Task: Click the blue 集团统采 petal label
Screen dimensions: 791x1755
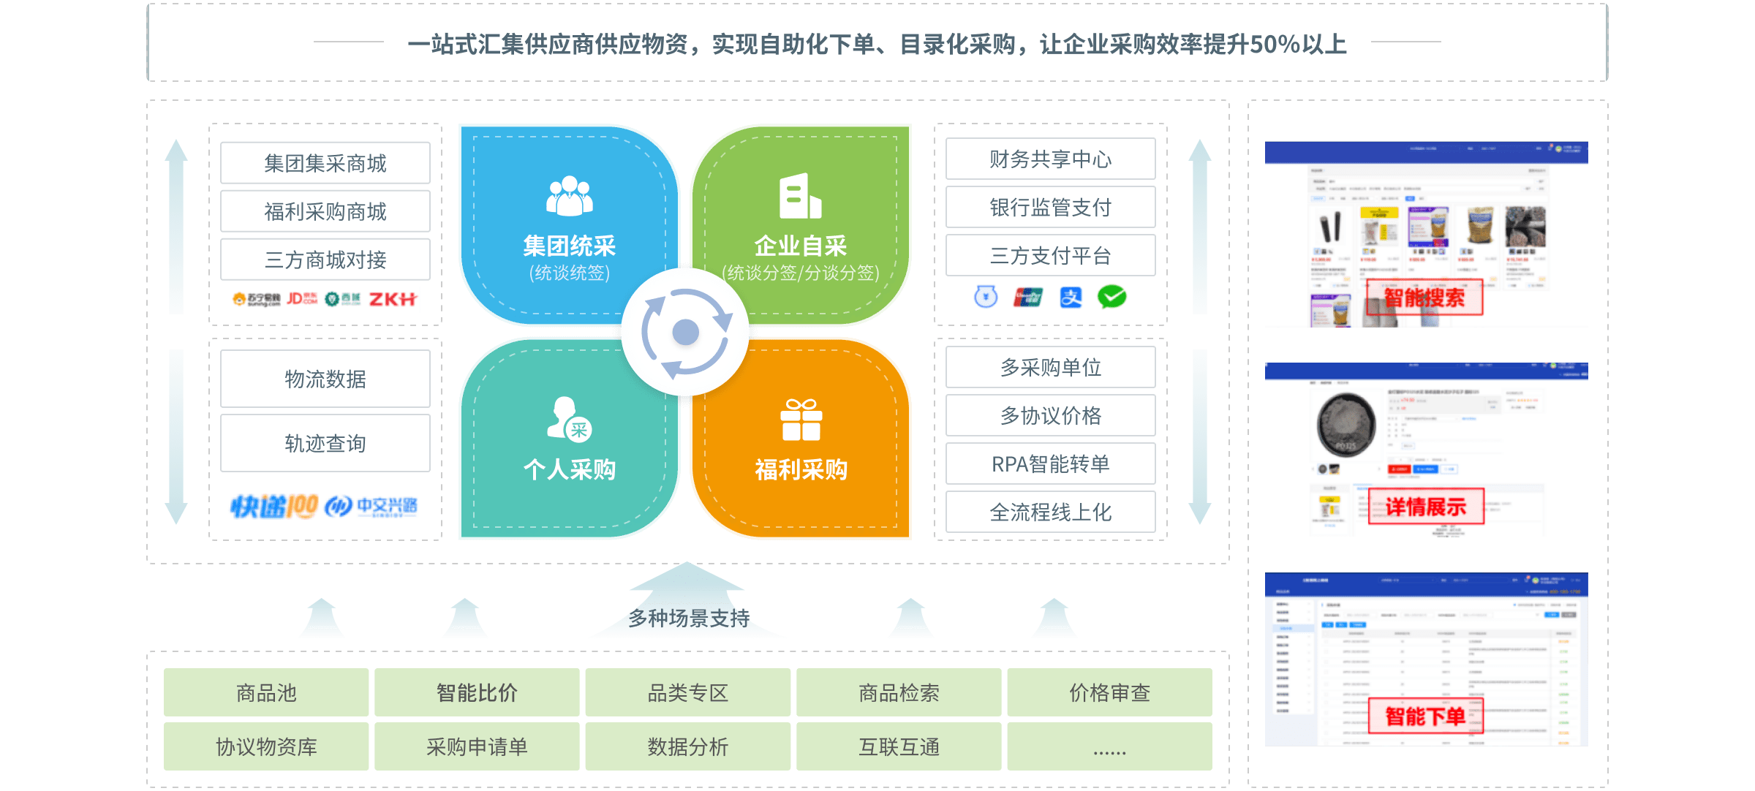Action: click(569, 246)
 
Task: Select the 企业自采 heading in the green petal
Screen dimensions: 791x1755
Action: click(800, 246)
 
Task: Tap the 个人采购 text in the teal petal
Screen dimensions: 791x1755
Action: click(569, 469)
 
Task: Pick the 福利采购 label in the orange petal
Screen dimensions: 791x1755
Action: click(801, 469)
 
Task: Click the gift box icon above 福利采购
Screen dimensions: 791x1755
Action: click(801, 420)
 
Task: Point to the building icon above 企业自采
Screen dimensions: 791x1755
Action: click(800, 196)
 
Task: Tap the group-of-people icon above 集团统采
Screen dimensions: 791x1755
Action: click(570, 196)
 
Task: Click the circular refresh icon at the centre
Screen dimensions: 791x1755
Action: click(685, 332)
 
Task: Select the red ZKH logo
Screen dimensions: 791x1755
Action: click(393, 299)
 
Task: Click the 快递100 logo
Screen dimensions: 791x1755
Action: click(273, 506)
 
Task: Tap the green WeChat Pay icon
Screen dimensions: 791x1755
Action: click(1111, 297)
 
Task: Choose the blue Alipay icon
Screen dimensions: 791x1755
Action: click(1071, 298)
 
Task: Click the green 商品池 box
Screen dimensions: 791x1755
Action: click(266, 692)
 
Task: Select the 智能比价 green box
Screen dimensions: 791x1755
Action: click(477, 692)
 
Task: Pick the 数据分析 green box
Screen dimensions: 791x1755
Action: click(687, 746)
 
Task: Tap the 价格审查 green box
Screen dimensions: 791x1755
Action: click(1109, 692)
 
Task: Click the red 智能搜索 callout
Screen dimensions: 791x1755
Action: click(1424, 298)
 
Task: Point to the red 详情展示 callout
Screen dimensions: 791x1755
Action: click(1426, 507)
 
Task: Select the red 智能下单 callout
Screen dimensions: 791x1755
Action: click(1425, 716)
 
